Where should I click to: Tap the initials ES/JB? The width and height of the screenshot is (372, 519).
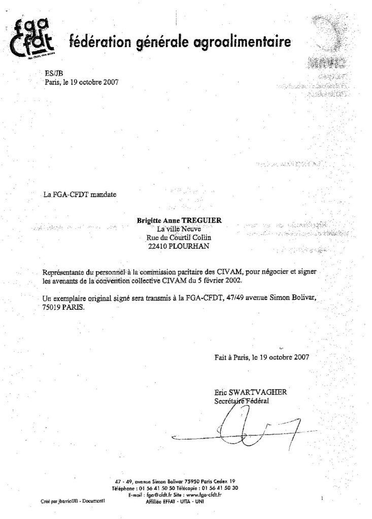52,73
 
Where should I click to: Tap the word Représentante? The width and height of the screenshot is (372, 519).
66,271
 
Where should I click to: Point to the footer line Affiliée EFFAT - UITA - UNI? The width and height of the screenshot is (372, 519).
173,500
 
